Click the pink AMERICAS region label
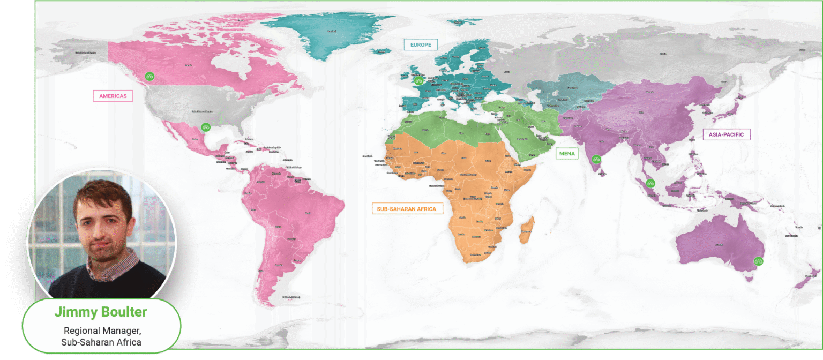click(113, 96)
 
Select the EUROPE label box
click(421, 45)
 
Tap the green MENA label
click(566, 154)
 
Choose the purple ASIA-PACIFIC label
click(726, 134)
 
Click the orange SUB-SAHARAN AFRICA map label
click(407, 208)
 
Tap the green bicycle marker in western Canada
click(150, 77)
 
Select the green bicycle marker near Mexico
click(205, 127)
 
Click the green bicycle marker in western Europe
click(419, 81)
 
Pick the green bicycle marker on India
click(595, 159)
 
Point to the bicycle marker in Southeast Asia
click(650, 183)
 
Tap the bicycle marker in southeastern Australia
click(758, 261)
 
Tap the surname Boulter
click(124, 312)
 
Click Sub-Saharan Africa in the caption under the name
click(101, 342)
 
